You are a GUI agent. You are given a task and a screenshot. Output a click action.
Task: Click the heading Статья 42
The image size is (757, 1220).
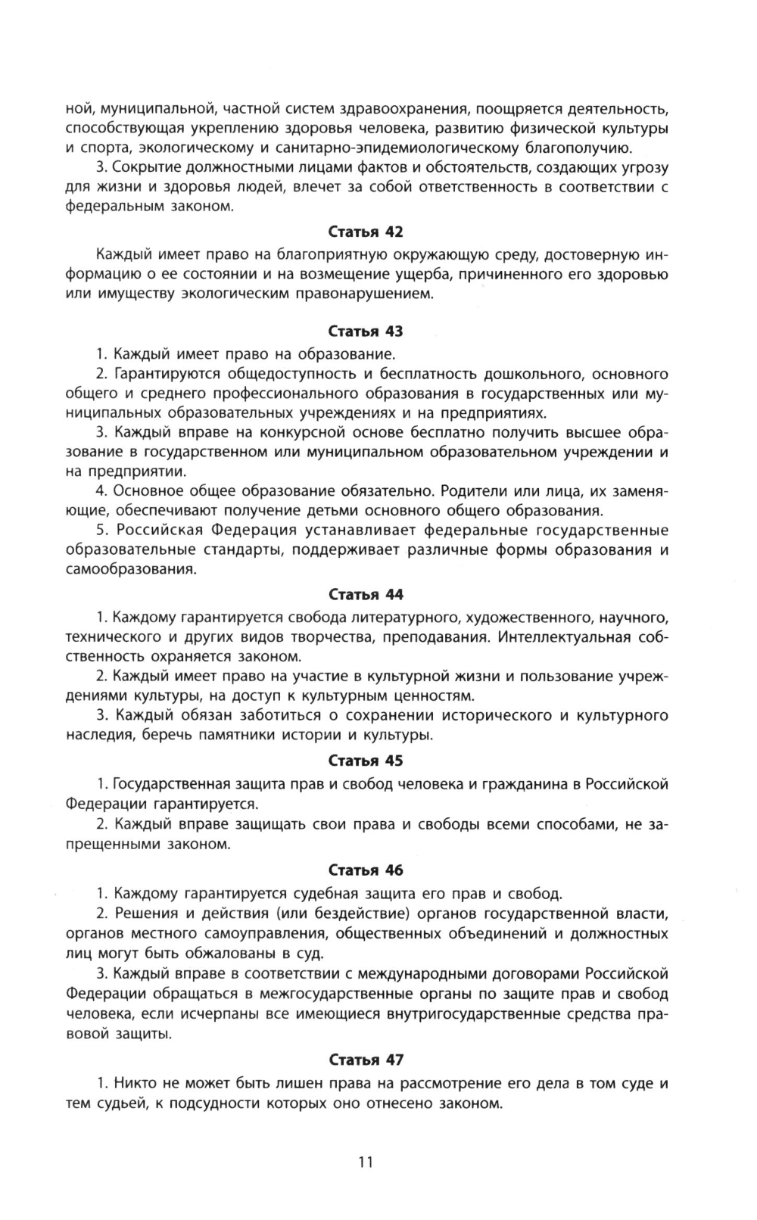366,232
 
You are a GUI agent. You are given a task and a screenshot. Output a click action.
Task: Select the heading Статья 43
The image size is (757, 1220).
366,331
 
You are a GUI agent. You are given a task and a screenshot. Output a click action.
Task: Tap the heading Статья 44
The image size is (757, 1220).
366,595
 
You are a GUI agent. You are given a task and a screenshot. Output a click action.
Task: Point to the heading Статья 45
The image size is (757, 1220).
366,761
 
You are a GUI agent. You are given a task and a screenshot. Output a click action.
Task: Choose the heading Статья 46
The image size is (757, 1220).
366,870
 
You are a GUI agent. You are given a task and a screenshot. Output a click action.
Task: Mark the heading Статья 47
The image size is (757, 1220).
366,1060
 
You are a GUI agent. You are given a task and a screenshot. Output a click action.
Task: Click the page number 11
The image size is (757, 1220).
366,1162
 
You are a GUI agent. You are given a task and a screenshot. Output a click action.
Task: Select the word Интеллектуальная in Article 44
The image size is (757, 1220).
565,636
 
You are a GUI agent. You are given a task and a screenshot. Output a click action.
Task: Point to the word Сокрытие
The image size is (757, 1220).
148,167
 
